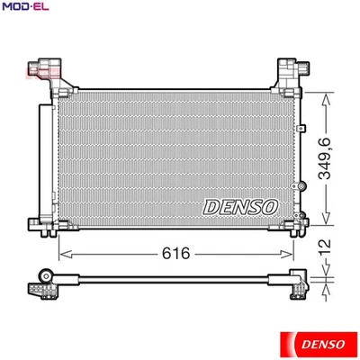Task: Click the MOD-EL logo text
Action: pyautogui.click(x=26, y=7)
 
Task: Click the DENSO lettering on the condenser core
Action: pyautogui.click(x=239, y=206)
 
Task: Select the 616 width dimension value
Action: pyautogui.click(x=177, y=254)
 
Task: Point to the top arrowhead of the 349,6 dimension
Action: pyautogui.click(x=326, y=93)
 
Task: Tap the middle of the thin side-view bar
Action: pyautogui.click(x=171, y=277)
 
